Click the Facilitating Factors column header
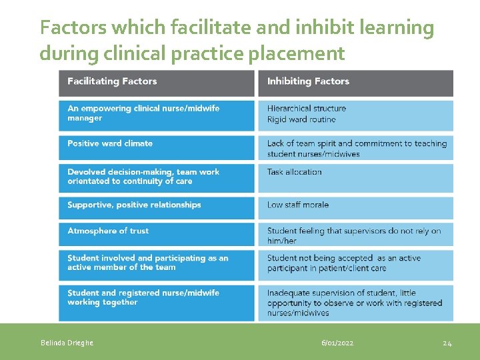112,81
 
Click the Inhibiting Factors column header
308,81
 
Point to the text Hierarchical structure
307,108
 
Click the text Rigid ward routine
301,119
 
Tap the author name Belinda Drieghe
67,343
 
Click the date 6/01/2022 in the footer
337,343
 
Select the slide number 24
447,343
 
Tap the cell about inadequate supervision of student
354,303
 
